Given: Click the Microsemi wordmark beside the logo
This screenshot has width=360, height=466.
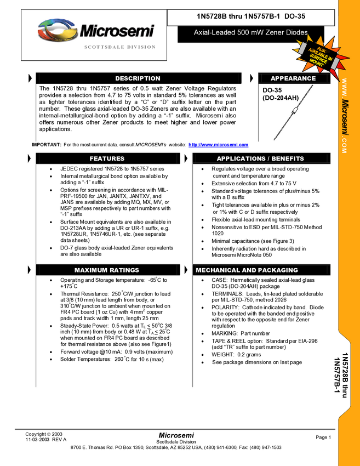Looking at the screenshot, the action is [117, 31].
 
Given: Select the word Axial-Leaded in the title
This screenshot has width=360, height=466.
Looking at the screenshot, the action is [214, 33].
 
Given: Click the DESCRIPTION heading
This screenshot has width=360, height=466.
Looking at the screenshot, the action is [138, 78].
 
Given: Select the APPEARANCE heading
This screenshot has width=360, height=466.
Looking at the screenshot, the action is [293, 78].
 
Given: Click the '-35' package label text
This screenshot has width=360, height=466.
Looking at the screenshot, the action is [277, 90].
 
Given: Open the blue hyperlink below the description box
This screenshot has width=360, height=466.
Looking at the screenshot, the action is [218, 145].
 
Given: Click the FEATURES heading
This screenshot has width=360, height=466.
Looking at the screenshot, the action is [107, 158].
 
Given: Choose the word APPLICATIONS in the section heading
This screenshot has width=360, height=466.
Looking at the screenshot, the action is [240, 158].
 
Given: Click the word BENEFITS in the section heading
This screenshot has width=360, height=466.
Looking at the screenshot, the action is [286, 158].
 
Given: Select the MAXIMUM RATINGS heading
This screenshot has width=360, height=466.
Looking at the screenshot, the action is [107, 270].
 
